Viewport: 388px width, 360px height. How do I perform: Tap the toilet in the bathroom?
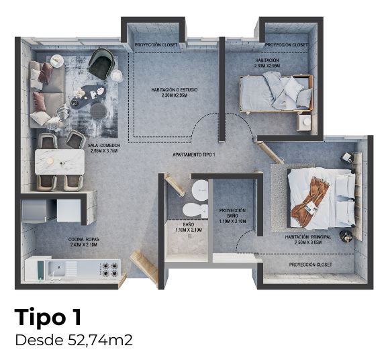(x=193, y=212)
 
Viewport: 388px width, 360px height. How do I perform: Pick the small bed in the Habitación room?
(x=277, y=92)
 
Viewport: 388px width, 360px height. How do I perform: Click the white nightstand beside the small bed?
(x=305, y=122)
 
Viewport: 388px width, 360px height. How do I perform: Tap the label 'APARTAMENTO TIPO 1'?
(x=195, y=154)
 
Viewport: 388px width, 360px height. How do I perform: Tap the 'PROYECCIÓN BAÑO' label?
(x=232, y=215)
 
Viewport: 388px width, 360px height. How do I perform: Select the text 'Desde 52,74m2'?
(x=73, y=340)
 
